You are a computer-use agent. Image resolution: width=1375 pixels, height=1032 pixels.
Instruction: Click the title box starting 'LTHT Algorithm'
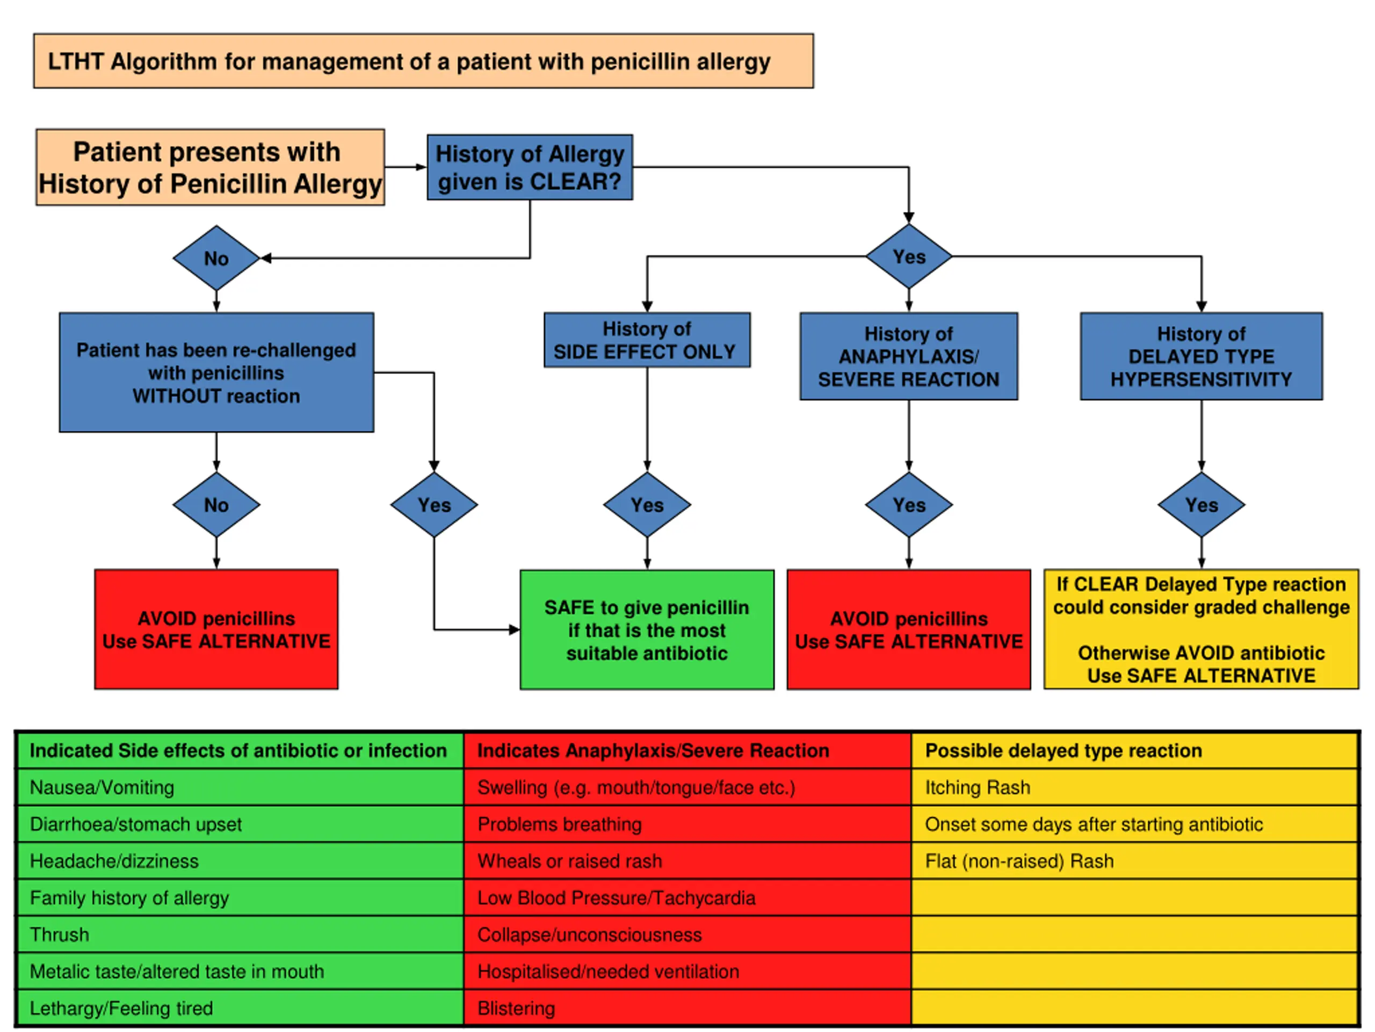(423, 61)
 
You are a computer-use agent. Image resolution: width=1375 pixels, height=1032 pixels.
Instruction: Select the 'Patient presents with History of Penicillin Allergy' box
(210, 167)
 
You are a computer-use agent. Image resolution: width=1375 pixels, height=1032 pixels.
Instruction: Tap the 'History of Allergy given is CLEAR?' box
(530, 167)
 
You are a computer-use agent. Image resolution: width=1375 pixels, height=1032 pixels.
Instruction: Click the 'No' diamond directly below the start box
(216, 258)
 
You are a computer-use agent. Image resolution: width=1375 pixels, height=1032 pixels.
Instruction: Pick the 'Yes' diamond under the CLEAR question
(909, 256)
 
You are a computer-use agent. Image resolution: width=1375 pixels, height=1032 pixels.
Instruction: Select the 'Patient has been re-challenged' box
(216, 372)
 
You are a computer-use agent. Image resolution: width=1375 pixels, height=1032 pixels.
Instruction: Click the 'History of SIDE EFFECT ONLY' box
(647, 340)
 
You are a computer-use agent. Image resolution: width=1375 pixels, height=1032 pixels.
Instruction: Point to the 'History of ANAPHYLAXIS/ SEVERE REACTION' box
(909, 356)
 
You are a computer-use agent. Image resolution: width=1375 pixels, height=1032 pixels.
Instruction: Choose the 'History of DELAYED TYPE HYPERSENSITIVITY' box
(1201, 356)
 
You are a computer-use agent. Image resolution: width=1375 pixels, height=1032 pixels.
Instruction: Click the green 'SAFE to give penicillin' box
(647, 629)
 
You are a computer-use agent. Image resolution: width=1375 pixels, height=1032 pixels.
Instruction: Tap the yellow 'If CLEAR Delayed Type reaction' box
(1201, 629)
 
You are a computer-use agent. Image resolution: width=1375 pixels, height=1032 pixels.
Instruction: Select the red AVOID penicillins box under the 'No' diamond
(216, 629)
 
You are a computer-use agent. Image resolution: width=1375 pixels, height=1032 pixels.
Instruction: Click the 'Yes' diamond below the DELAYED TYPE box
(1201, 505)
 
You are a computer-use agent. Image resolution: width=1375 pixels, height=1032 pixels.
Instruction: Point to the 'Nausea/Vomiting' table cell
(240, 787)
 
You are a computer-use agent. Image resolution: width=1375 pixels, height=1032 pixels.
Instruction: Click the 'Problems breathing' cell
(687, 824)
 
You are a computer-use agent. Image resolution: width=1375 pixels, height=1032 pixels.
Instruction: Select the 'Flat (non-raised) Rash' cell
(1134, 861)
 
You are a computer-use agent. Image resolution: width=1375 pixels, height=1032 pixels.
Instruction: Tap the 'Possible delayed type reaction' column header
(1134, 751)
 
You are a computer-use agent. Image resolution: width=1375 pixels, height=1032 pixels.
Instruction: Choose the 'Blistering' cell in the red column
(687, 1008)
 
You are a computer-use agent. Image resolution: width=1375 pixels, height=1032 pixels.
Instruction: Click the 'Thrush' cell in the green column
(240, 934)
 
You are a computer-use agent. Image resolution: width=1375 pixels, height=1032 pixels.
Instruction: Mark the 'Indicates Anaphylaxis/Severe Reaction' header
(687, 751)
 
